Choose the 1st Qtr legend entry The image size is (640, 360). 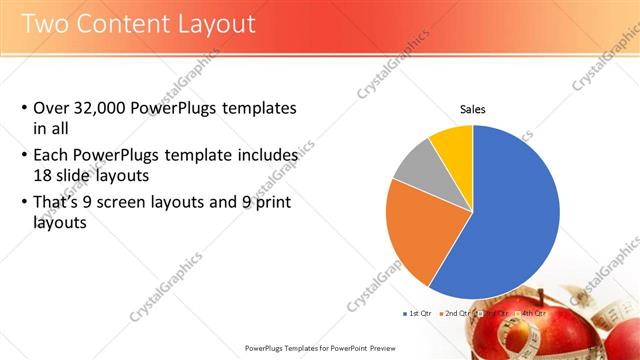click(x=418, y=313)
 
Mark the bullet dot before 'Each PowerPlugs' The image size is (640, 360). click(x=24, y=157)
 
